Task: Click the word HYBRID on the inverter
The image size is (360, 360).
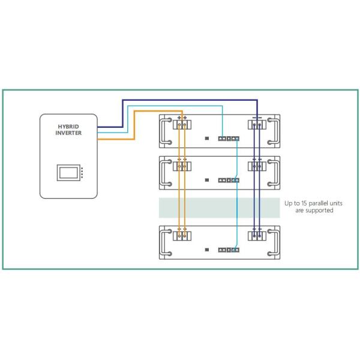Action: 68,127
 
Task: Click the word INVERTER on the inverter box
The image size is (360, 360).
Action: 68,133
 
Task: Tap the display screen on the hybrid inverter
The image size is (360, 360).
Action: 69,173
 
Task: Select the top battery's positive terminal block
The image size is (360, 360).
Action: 182,124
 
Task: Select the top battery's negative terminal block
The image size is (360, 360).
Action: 257,124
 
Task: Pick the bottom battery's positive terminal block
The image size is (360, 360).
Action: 182,235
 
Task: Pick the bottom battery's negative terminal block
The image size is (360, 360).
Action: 257,235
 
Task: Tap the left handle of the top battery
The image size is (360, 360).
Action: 166,131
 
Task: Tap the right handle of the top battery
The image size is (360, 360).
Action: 272,131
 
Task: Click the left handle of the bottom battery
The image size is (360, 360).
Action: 166,242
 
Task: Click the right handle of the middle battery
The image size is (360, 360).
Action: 272,172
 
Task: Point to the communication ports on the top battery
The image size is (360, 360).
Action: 228,139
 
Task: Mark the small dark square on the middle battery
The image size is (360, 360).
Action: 206,180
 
